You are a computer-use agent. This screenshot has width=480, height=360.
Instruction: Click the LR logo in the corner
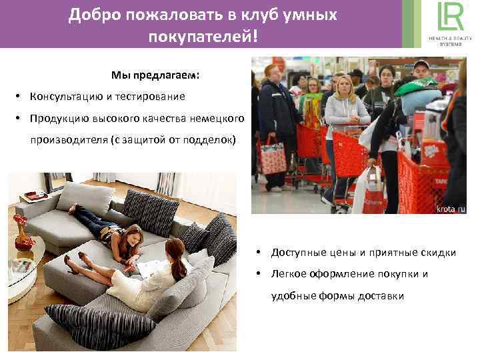click(x=448, y=19)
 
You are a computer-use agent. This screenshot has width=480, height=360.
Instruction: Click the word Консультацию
click(x=66, y=97)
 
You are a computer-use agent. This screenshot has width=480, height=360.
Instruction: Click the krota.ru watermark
click(x=451, y=209)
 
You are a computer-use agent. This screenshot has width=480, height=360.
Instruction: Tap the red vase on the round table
click(x=23, y=229)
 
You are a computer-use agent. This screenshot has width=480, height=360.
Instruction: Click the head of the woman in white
click(x=175, y=251)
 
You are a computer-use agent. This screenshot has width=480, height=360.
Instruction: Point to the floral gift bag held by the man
click(x=272, y=156)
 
